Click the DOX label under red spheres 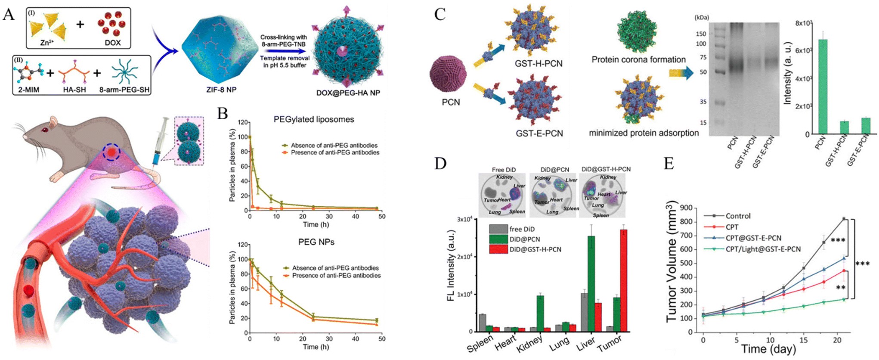tap(113, 43)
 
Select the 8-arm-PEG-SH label tap(124, 90)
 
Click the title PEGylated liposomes tap(314, 119)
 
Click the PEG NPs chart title tap(316, 242)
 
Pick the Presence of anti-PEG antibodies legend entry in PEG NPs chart tap(336, 276)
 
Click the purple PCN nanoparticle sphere tap(448, 74)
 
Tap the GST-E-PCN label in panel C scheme tap(539, 133)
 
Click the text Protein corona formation tap(638, 60)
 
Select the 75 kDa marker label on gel tap(703, 57)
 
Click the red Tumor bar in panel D tap(623, 280)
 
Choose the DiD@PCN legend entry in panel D tap(524, 239)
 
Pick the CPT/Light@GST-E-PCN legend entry tap(763, 249)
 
